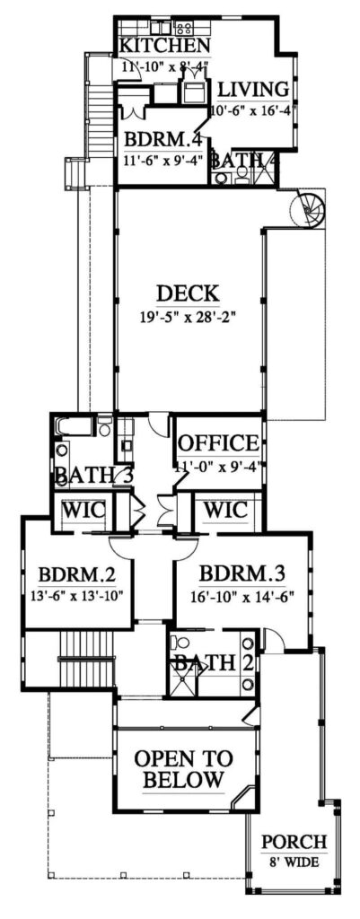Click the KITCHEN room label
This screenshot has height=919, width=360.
[165, 46]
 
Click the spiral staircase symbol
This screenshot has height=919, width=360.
[308, 213]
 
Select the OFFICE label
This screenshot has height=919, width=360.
[219, 443]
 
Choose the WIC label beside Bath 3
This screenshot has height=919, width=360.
[83, 511]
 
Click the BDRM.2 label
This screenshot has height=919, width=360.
[74, 573]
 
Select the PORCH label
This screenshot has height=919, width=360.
[294, 843]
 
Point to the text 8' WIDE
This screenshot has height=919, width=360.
[294, 863]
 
